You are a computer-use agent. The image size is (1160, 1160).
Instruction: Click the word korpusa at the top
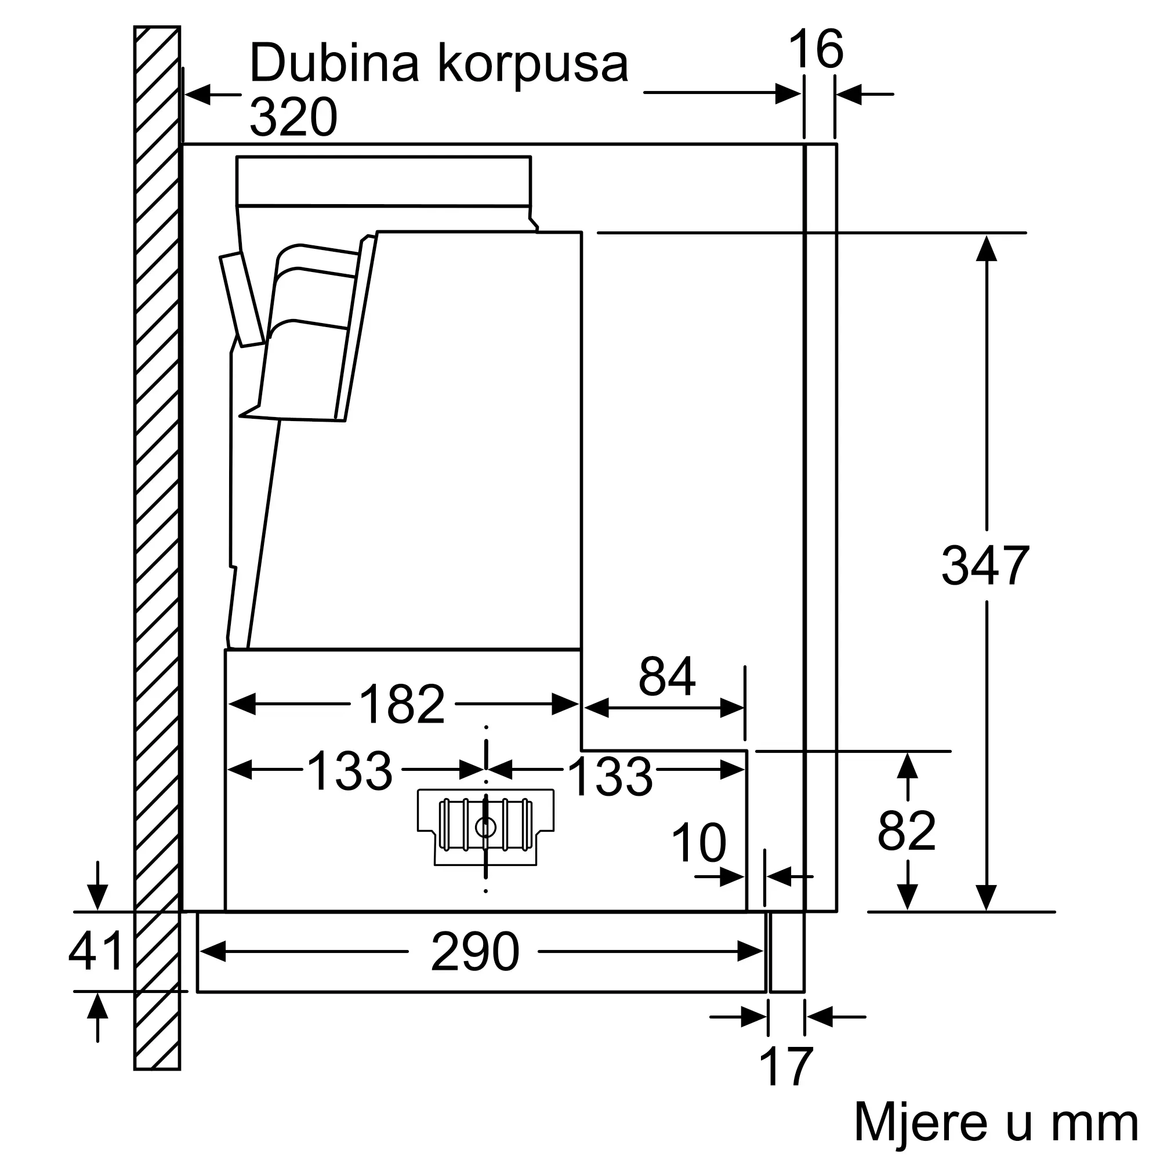click(x=533, y=65)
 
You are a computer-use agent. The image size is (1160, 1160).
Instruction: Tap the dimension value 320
click(x=293, y=117)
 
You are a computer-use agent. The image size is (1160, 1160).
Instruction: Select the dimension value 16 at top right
click(x=816, y=49)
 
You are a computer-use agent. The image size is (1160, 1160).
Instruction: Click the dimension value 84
click(x=666, y=676)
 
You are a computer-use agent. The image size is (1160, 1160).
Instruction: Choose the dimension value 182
click(x=402, y=704)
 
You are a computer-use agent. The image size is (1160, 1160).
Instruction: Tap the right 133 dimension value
click(x=610, y=777)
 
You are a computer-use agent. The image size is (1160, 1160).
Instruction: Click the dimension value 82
click(x=907, y=831)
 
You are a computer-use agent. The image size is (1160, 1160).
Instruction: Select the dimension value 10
click(x=699, y=842)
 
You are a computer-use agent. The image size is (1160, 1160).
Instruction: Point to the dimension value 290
click(x=475, y=952)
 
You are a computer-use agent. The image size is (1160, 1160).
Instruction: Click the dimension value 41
click(x=96, y=951)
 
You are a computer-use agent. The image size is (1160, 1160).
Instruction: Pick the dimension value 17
click(x=786, y=1067)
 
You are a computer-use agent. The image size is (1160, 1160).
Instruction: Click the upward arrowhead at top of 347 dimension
click(x=987, y=249)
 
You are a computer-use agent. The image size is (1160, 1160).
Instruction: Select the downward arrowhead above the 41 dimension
click(x=97, y=898)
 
